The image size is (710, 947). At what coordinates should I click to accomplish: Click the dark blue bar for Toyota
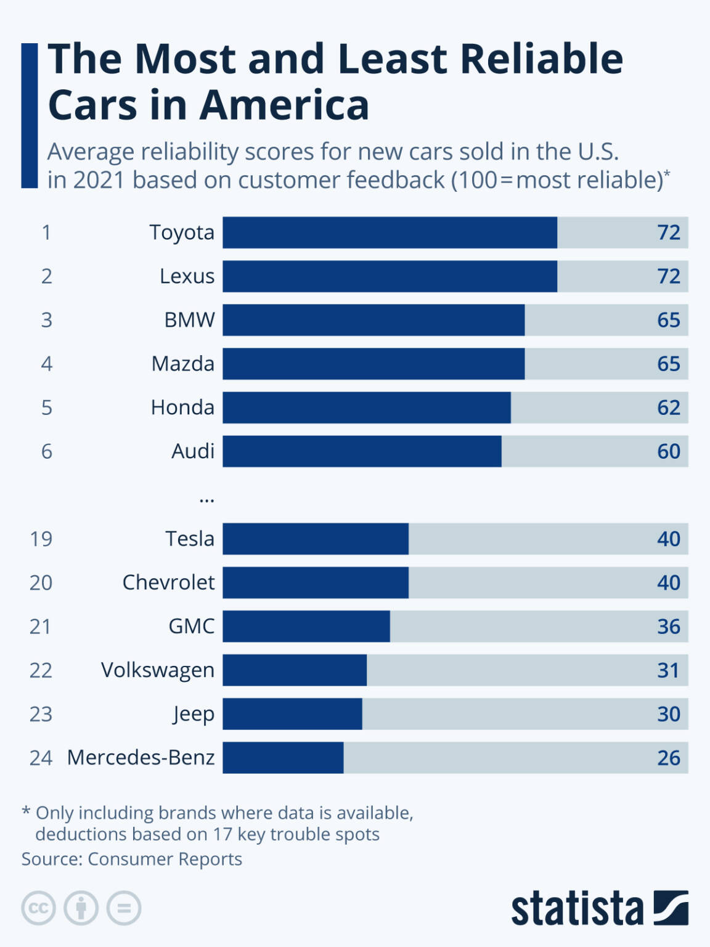point(390,232)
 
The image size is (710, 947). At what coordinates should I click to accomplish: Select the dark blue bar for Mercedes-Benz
point(283,758)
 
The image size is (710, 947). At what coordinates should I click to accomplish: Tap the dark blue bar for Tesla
point(315,539)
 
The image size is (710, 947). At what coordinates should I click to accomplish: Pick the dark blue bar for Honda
point(366,408)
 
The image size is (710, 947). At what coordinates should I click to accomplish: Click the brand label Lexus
point(187,276)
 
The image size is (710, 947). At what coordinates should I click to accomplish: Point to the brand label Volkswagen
point(158,670)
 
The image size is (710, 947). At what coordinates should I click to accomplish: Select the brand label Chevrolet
point(168,583)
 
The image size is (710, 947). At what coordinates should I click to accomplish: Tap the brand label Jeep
point(194,714)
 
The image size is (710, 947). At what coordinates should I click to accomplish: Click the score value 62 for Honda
point(668,408)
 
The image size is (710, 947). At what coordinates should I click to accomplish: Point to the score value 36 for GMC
point(668,626)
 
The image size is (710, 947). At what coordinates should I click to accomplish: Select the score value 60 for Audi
point(668,451)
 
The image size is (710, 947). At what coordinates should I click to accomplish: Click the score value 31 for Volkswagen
point(668,670)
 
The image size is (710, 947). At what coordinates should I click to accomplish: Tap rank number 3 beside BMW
point(46,320)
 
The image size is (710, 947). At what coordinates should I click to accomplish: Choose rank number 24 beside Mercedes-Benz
point(41,758)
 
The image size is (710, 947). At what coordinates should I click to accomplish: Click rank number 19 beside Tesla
point(41,539)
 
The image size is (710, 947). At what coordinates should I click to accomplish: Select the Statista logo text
point(577,908)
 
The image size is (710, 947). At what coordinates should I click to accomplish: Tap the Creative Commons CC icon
point(39,908)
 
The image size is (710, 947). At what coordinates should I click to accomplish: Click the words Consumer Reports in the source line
point(165,859)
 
